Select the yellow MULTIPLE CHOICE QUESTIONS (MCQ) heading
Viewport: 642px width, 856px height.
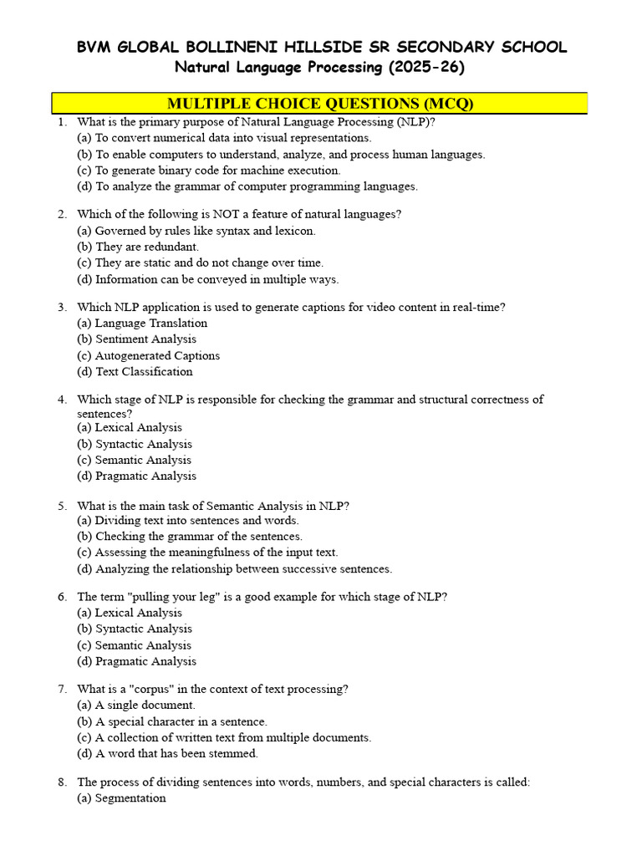click(x=320, y=104)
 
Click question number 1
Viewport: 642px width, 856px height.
click(x=62, y=122)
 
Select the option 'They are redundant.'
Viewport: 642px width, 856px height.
click(x=138, y=247)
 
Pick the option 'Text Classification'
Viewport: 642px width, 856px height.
click(x=135, y=371)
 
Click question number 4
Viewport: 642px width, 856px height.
click(x=62, y=400)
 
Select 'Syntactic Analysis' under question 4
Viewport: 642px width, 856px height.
click(x=135, y=444)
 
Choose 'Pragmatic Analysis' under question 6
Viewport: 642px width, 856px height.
click(x=137, y=661)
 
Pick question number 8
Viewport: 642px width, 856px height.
click(x=62, y=782)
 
